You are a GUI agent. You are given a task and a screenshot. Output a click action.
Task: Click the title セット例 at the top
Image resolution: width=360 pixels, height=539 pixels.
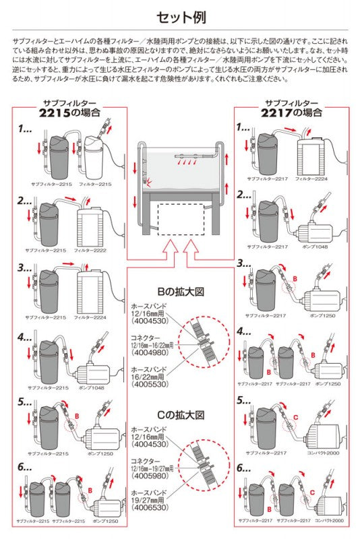click(180, 16)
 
